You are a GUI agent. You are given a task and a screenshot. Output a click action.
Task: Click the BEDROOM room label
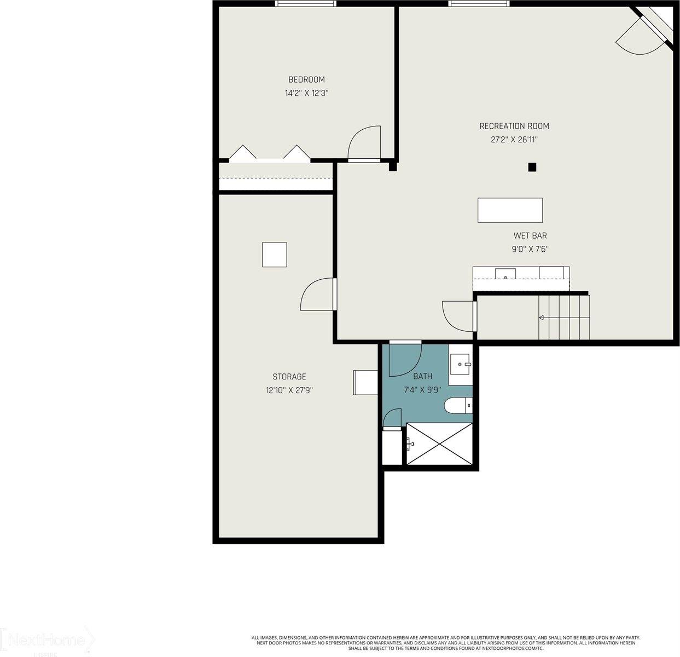tap(306, 80)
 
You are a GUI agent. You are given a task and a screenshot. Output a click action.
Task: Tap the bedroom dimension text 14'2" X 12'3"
tap(306, 94)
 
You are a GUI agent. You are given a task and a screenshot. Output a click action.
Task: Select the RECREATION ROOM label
tap(514, 126)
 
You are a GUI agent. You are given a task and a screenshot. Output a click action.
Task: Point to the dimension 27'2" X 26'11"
tap(514, 140)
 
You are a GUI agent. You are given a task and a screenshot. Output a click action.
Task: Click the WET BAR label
tap(530, 236)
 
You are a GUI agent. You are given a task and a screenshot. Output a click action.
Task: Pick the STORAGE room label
tap(289, 377)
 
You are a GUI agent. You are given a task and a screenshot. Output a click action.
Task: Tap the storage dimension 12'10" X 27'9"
tap(289, 390)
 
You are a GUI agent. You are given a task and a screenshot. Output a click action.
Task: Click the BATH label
tap(422, 376)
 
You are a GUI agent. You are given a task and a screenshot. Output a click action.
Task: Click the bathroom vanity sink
tap(460, 363)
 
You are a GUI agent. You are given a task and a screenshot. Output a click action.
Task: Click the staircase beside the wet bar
tap(563, 318)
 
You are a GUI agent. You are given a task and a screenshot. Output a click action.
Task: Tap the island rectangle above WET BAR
tap(510, 210)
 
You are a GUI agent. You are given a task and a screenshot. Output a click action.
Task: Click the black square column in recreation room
tap(532, 168)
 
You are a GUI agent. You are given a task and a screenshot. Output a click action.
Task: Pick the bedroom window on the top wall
tap(305, 4)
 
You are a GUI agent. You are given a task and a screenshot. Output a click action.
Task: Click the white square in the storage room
tap(274, 255)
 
